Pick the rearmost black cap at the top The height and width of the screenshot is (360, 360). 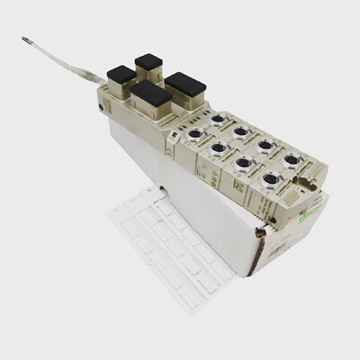(148, 63)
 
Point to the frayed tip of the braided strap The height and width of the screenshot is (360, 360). (28, 40)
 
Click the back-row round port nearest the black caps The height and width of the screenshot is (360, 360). (219, 119)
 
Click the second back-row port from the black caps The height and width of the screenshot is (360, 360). (241, 132)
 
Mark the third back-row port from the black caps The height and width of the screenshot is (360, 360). (266, 146)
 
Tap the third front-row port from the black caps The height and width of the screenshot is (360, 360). (244, 164)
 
